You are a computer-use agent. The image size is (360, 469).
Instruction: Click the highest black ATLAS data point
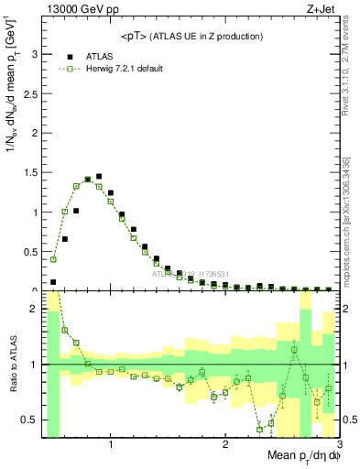(x=99, y=176)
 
